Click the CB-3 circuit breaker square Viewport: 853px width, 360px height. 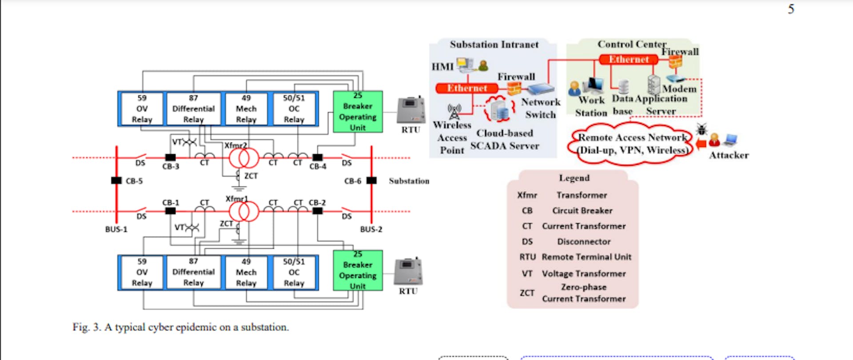tap(170, 157)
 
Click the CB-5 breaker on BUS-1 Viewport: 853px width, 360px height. tap(116, 180)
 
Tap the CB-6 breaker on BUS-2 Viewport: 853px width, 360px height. tap(371, 180)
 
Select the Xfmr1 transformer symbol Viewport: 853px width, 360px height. tap(243, 212)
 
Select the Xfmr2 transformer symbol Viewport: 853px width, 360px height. tap(243, 158)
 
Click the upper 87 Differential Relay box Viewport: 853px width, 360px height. tap(193, 109)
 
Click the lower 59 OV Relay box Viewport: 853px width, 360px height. tap(142, 272)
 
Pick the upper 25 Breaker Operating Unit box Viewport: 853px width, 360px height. tap(358, 112)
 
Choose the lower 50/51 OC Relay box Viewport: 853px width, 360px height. tap(294, 272)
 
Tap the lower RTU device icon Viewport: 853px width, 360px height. tap(408, 271)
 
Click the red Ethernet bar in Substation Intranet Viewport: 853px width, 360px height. tap(467, 88)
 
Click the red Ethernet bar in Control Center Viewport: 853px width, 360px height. tap(628, 59)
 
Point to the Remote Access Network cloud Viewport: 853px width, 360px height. tap(631, 144)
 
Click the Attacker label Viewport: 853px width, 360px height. tap(729, 155)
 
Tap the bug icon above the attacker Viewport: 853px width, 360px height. tap(702, 130)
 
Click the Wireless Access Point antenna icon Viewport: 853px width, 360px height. tap(454, 112)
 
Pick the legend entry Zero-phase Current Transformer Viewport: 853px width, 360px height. tap(583, 293)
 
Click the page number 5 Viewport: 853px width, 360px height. tap(791, 9)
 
